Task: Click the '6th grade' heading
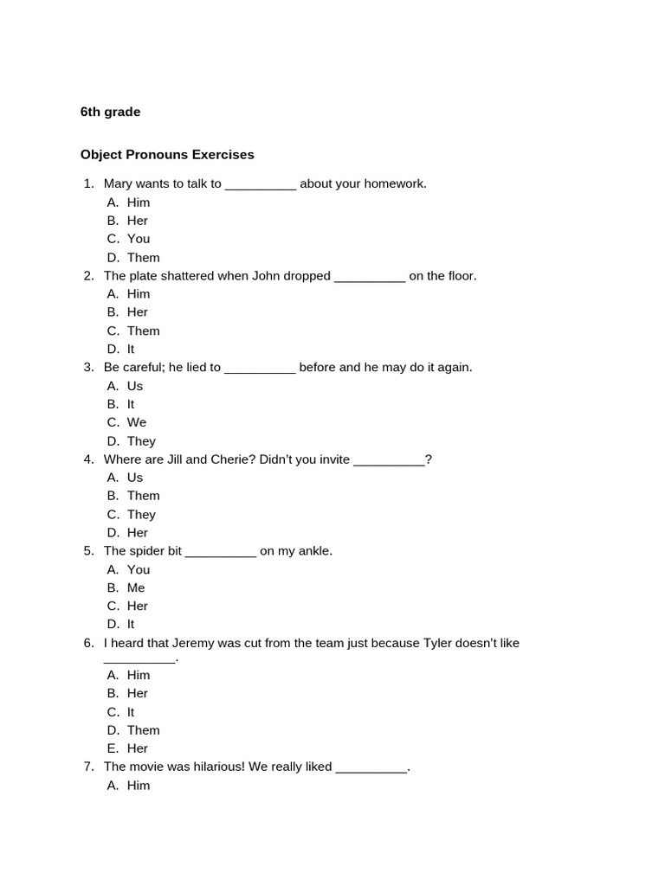point(110,112)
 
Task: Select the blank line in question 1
point(260,185)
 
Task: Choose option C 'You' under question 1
point(138,239)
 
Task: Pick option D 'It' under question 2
point(131,349)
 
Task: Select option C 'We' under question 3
point(137,422)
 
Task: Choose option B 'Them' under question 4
point(143,496)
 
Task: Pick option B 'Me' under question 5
point(136,587)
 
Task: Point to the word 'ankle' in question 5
point(313,551)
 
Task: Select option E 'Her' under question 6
point(137,748)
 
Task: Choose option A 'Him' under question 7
point(138,786)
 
